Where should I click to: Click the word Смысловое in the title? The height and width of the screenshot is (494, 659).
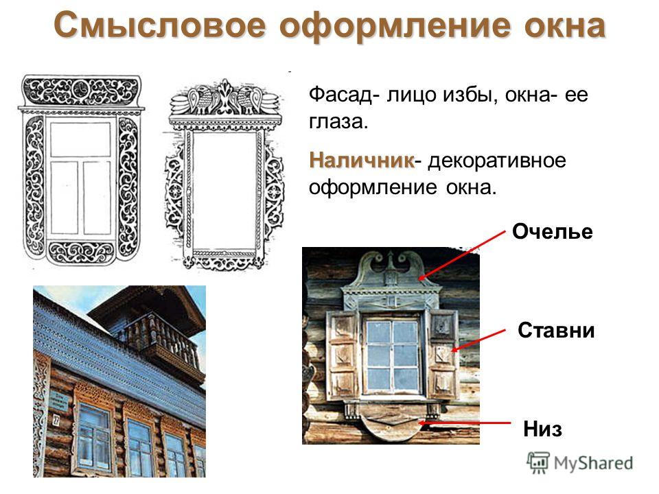(160, 25)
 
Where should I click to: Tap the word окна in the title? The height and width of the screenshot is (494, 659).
(564, 25)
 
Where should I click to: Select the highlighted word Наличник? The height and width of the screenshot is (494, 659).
(362, 160)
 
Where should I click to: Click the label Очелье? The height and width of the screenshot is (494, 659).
(552, 231)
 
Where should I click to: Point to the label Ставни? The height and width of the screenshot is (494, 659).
(556, 330)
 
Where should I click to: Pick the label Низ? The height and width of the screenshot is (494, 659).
(542, 429)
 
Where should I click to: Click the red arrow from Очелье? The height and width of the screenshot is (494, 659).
(462, 255)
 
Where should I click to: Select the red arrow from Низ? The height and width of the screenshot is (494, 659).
(465, 423)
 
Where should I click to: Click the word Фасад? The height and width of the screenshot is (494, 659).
(341, 95)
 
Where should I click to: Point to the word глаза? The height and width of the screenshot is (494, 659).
(338, 122)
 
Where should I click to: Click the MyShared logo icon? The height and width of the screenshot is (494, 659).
(538, 462)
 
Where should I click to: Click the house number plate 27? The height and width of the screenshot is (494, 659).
(56, 419)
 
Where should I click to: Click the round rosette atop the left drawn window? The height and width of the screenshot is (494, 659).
(80, 89)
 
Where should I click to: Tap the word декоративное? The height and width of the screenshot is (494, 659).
(497, 161)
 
